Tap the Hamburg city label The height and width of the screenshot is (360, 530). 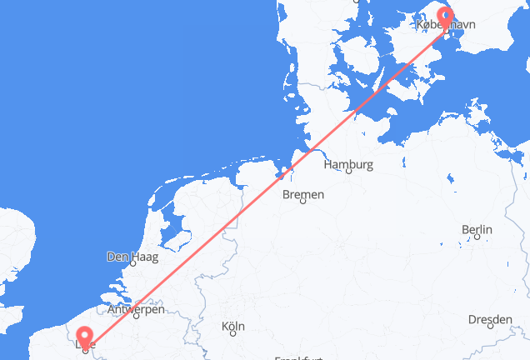click(348, 164)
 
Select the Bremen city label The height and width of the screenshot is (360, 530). click(303, 195)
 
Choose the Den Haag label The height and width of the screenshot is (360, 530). click(132, 257)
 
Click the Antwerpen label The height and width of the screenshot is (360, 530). click(136, 310)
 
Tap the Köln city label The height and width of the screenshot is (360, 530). click(232, 327)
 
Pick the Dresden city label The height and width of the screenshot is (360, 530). click(490, 319)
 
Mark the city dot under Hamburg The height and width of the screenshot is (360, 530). click(348, 172)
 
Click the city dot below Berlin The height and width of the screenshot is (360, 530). click(476, 237)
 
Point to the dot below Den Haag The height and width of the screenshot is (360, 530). click(132, 264)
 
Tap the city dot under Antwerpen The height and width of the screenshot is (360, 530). click(136, 317)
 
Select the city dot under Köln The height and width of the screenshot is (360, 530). click(232, 334)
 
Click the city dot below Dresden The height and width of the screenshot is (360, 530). click(490, 327)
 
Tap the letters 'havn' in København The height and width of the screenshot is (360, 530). click(462, 26)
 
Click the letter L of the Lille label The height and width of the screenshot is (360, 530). click(77, 342)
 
